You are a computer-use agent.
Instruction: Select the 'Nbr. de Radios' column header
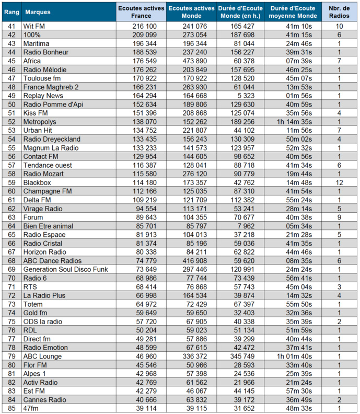339,11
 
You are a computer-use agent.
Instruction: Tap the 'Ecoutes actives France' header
141,11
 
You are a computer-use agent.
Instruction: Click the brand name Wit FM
36,26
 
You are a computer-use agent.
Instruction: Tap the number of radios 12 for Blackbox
339,182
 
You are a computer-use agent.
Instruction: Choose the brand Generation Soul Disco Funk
65,269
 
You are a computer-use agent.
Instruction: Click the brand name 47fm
32,408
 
